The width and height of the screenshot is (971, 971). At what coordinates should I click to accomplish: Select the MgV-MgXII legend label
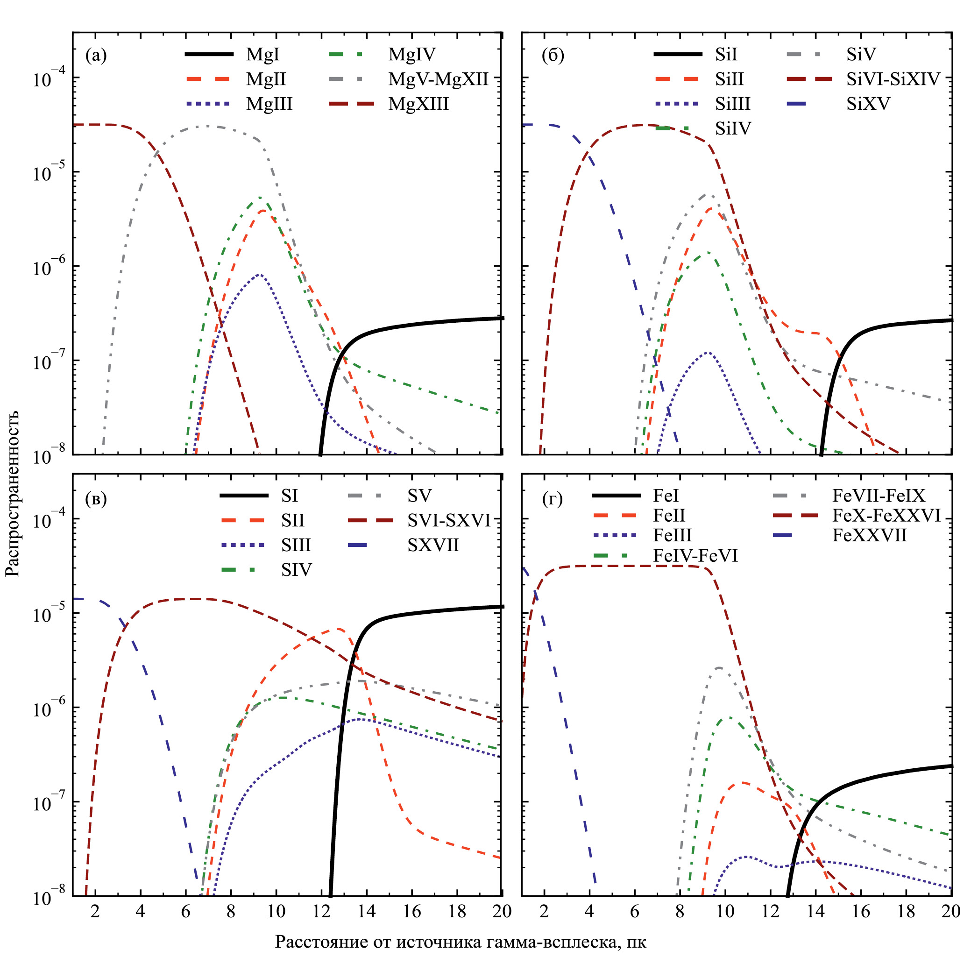click(438, 79)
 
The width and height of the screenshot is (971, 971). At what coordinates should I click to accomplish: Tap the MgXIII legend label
click(418, 104)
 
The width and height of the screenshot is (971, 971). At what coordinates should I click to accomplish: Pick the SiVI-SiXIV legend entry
click(893, 79)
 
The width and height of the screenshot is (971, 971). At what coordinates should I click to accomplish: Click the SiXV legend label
click(868, 104)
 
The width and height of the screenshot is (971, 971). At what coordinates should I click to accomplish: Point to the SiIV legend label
click(733, 128)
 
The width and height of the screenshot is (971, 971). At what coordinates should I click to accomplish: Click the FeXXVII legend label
click(870, 536)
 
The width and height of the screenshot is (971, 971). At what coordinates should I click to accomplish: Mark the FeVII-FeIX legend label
click(879, 496)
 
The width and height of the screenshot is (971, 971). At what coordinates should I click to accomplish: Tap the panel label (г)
click(553, 499)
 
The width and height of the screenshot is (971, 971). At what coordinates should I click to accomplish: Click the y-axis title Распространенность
click(13, 493)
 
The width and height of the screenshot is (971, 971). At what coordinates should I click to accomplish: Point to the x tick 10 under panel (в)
click(276, 911)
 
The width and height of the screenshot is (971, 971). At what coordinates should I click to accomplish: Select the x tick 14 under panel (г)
click(815, 911)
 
